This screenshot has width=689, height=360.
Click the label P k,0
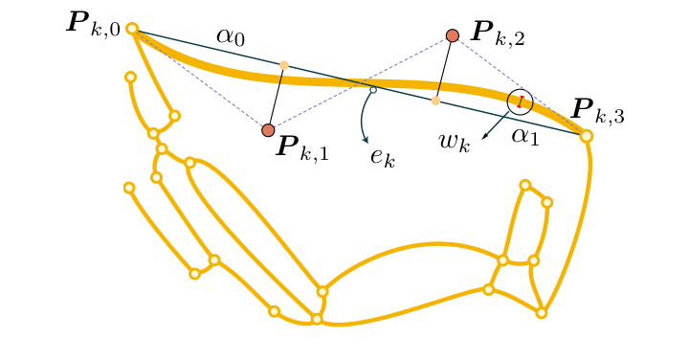point(93,24)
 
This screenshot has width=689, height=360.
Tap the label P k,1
point(301,146)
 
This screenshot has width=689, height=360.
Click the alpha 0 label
point(230,36)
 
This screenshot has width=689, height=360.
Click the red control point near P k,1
point(268,129)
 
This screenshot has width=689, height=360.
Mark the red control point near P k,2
point(453,35)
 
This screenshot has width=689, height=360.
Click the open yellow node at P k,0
point(132,29)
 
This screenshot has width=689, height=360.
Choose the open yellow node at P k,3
point(587,136)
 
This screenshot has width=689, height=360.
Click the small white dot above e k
point(373,90)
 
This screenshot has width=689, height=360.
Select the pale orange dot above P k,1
point(283,65)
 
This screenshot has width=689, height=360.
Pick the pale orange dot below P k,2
point(435,100)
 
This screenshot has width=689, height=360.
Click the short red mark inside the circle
point(520,101)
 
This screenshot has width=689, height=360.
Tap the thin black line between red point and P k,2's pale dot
point(444,67)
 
